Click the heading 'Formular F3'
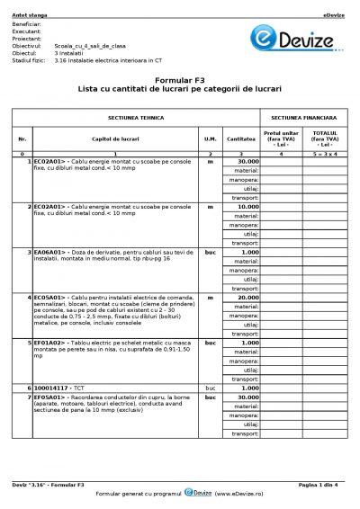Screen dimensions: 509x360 180,81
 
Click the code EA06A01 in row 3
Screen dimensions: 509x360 49,251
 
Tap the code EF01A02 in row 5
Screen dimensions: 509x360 49,343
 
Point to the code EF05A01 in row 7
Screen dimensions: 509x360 49,397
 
